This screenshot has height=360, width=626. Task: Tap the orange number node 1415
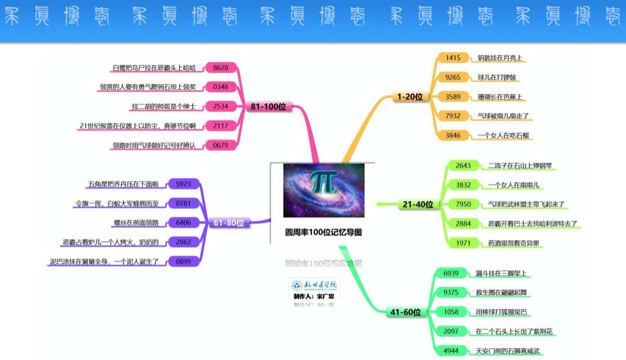(x=453, y=58)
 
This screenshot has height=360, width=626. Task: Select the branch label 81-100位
(x=269, y=107)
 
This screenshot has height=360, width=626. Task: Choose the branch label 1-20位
(x=410, y=97)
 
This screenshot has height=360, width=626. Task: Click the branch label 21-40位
(x=418, y=204)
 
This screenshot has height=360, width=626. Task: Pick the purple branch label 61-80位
(x=229, y=223)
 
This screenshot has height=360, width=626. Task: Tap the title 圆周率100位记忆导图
(x=323, y=231)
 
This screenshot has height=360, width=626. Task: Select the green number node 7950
(x=463, y=204)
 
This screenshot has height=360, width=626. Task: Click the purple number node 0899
(x=183, y=262)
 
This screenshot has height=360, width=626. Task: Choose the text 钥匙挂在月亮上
(x=501, y=58)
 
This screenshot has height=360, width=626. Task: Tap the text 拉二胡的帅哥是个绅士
(x=163, y=106)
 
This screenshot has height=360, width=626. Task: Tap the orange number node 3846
(x=453, y=135)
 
